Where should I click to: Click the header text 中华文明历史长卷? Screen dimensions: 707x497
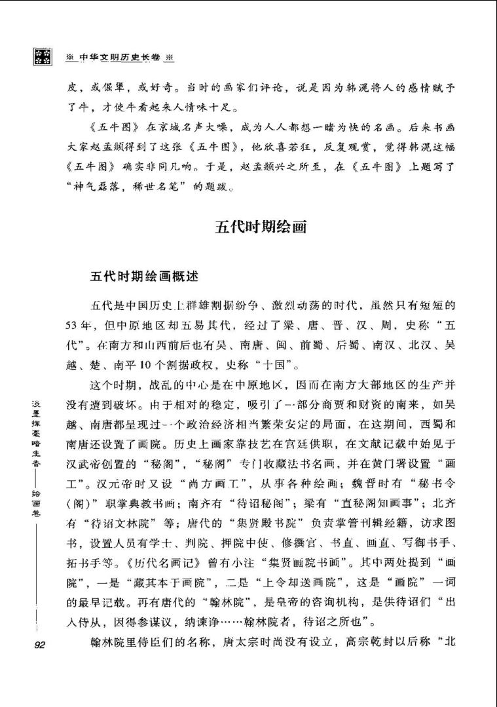pos(120,57)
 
